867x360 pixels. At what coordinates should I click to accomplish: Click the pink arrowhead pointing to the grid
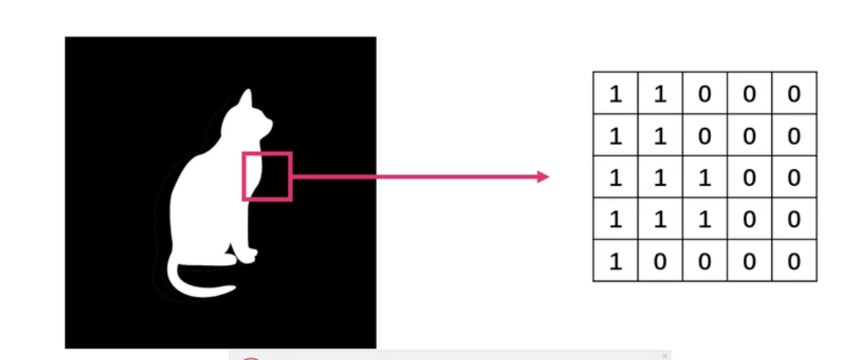coord(543,177)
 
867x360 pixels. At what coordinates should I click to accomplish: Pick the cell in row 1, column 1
coord(615,94)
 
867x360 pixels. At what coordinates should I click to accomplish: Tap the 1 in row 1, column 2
coord(660,94)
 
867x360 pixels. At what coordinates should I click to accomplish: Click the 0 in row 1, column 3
coord(705,94)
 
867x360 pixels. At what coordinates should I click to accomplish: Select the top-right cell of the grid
coord(794,94)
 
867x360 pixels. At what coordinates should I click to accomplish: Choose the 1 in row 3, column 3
coord(705,178)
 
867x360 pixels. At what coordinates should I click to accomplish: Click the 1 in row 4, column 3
coord(705,220)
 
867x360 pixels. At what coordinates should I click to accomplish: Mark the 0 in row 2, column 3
coord(705,136)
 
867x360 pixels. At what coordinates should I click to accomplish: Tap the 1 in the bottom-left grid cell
coord(615,262)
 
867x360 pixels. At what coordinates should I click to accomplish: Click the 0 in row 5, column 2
coord(660,262)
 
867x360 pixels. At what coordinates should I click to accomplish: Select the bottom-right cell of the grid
coord(794,262)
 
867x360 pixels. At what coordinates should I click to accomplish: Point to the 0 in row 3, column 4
coord(749,178)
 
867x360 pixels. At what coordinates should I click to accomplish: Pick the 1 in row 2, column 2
coord(660,136)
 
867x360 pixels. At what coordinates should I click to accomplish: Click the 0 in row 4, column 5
coord(794,220)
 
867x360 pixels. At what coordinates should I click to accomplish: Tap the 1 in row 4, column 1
coord(615,220)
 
